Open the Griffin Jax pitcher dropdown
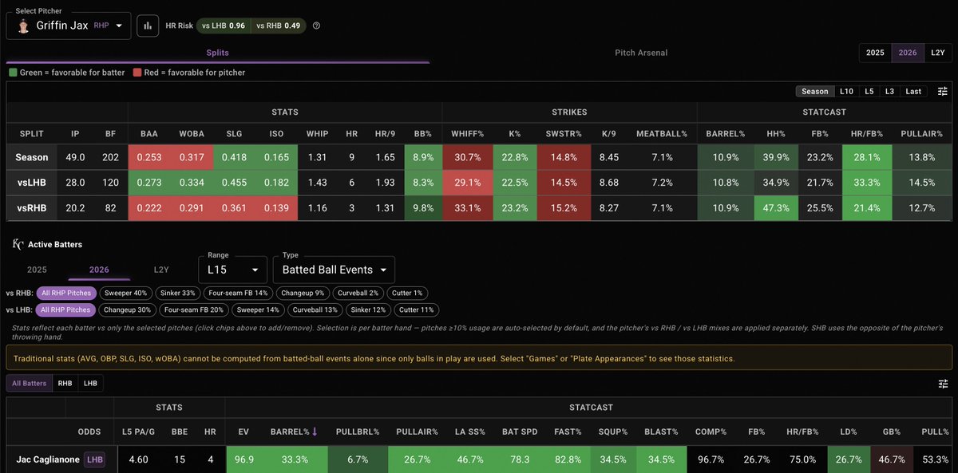69,26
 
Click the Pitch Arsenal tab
640,53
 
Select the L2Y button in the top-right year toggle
938,53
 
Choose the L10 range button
846,92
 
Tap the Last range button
913,92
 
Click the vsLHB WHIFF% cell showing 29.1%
468,183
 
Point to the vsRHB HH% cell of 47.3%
776,208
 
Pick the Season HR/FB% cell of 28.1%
867,157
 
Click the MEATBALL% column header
662,134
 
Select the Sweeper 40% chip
126,293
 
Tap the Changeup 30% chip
127,309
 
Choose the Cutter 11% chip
416,309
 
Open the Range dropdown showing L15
232,270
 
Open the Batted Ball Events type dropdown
334,270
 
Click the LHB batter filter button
90,384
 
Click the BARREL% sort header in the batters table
294,432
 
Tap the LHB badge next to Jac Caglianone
94,459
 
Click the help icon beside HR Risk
316,26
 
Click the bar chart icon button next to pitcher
148,26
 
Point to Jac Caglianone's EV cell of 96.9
243,459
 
